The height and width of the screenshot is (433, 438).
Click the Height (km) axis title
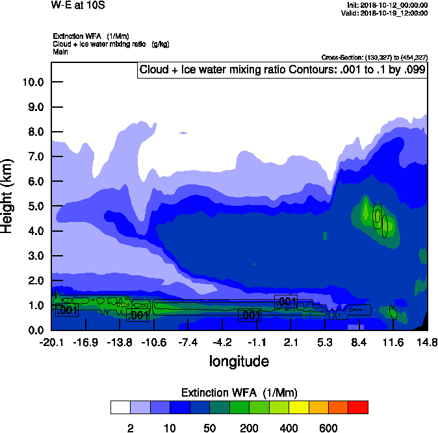[x=8, y=196]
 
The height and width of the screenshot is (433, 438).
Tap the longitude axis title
[x=238, y=360]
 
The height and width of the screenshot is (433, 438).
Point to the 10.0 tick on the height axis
[x=33, y=82]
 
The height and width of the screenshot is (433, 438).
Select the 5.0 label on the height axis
[x=36, y=206]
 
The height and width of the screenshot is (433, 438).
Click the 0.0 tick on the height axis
[x=36, y=330]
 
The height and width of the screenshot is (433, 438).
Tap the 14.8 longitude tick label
[x=427, y=341]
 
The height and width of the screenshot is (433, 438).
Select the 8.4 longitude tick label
[x=359, y=341]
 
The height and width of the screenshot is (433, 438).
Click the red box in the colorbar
[x=358, y=407]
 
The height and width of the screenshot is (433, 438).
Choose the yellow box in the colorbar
[x=298, y=407]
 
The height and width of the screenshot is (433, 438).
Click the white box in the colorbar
[x=120, y=407]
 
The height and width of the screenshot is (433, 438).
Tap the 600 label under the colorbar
[x=328, y=428]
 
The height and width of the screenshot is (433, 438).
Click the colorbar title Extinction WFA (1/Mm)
[x=238, y=393]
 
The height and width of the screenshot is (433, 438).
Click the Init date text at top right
[x=387, y=5]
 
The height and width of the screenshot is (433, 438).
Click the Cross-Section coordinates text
[x=374, y=57]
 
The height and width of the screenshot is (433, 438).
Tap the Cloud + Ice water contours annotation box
[x=282, y=70]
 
